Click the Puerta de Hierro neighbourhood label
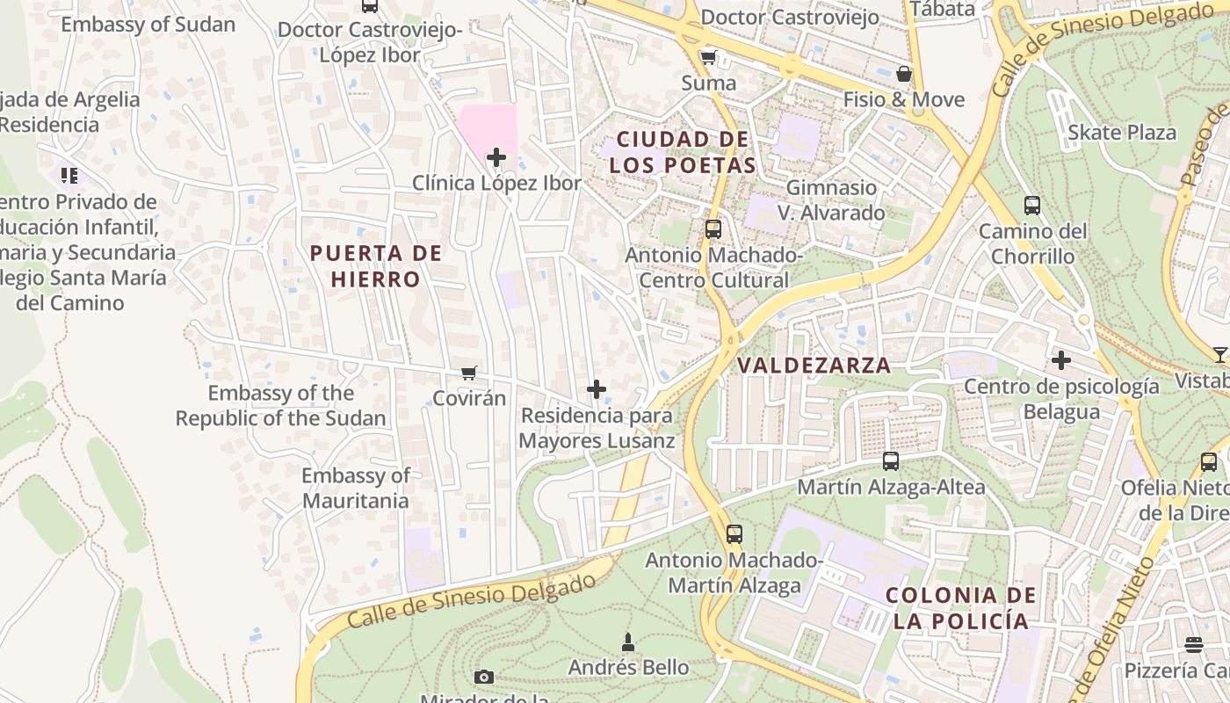[x=376, y=266]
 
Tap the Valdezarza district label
[x=814, y=366]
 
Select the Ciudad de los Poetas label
[x=683, y=152]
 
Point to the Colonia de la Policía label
[x=960, y=608]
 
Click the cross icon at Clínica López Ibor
[x=496, y=158]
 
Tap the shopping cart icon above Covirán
[x=469, y=373]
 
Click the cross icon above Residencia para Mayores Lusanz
[x=597, y=389]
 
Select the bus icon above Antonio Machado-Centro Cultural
[x=713, y=229]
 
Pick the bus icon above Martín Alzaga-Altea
[x=891, y=461]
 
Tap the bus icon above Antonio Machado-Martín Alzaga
[x=734, y=533]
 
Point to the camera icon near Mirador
[x=483, y=677]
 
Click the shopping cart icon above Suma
[x=708, y=58]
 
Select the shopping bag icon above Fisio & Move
[x=903, y=74]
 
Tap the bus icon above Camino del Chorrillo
[x=1032, y=206]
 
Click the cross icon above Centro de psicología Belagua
[x=1061, y=360]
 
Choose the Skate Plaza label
[x=1122, y=133]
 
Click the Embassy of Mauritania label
[x=356, y=489]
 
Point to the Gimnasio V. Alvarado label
[x=831, y=200]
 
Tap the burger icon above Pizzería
[x=1194, y=645]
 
